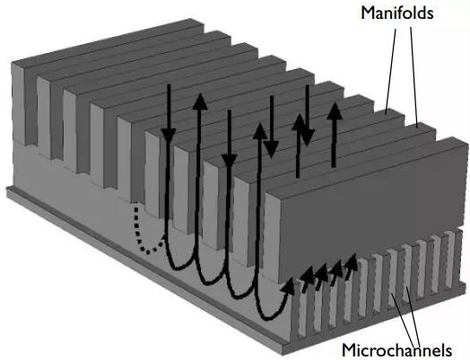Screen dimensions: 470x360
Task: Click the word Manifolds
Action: (x=397, y=13)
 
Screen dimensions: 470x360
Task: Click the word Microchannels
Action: (x=396, y=350)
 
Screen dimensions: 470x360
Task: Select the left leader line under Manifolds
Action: (x=391, y=70)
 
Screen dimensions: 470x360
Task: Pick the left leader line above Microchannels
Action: (x=404, y=318)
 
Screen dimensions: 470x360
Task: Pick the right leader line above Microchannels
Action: (x=414, y=315)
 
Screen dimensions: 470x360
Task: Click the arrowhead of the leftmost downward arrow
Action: (x=169, y=135)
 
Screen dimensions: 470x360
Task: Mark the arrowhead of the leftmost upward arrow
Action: (x=200, y=101)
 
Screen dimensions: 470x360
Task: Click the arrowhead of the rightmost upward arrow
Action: (x=335, y=110)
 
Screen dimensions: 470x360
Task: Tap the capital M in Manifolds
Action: (x=368, y=13)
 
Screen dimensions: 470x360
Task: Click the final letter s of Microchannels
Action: (x=448, y=351)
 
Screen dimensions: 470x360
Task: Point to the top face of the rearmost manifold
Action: (x=107, y=40)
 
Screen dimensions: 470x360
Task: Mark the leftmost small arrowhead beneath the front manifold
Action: (x=288, y=285)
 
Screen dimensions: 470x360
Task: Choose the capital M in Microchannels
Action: (x=350, y=350)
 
